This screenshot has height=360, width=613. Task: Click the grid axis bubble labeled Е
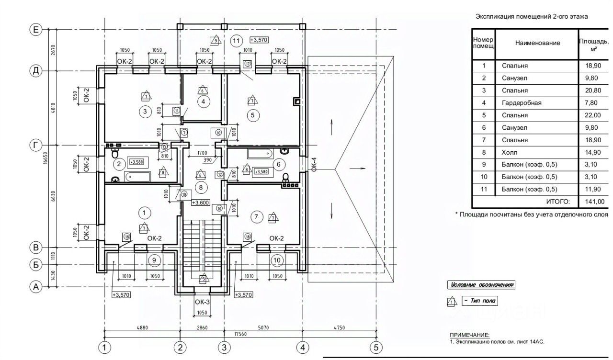(35, 29)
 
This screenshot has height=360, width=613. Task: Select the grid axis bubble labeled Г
(35, 144)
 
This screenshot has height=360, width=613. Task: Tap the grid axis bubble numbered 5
(375, 347)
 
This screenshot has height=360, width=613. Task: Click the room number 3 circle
(145, 112)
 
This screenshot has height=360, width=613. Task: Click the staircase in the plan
(202, 249)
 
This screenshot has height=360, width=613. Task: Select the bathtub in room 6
(259, 154)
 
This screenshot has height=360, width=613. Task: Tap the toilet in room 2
(114, 153)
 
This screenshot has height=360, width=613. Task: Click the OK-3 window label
(202, 302)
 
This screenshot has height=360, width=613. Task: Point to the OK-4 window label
(314, 164)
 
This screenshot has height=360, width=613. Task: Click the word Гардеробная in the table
(521, 103)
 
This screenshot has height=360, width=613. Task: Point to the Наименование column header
(537, 43)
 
